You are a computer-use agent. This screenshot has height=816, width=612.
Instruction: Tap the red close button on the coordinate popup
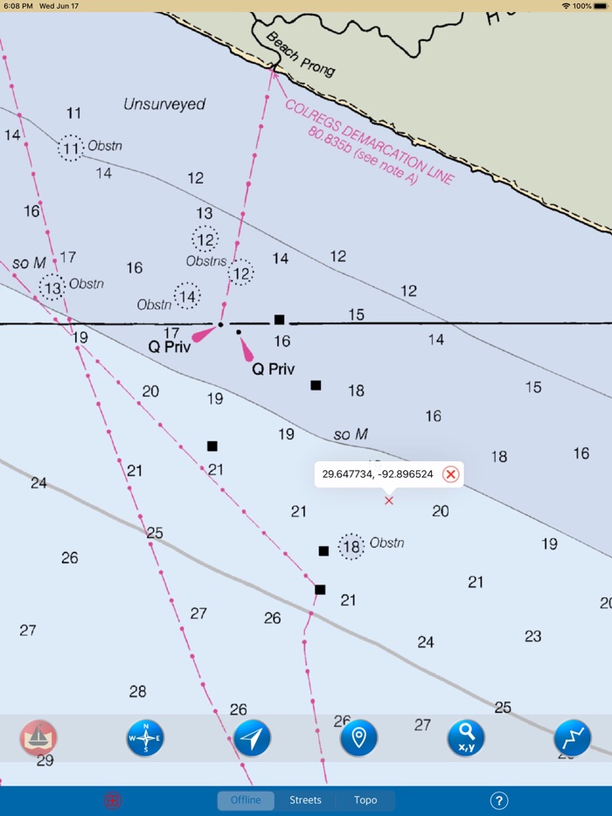pyautogui.click(x=450, y=474)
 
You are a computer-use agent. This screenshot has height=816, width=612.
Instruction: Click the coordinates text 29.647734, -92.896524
pyautogui.click(x=378, y=474)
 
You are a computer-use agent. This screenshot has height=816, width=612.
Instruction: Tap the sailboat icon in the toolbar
pyautogui.click(x=38, y=738)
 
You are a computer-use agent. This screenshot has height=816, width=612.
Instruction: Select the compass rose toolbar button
pyautogui.click(x=145, y=738)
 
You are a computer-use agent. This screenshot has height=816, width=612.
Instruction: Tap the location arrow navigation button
pyautogui.click(x=252, y=738)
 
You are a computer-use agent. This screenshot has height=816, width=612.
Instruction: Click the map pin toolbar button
pyautogui.click(x=358, y=738)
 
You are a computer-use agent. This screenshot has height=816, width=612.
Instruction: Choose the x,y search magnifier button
pyautogui.click(x=466, y=738)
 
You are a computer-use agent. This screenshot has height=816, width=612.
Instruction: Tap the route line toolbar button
pyautogui.click(x=573, y=738)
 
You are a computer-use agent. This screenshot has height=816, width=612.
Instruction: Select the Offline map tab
pyautogui.click(x=246, y=800)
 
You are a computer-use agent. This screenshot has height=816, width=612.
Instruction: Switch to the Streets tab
pyautogui.click(x=305, y=800)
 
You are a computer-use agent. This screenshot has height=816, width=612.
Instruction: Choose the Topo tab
pyautogui.click(x=365, y=800)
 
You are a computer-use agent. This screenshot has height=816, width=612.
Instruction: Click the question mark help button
pyautogui.click(x=499, y=800)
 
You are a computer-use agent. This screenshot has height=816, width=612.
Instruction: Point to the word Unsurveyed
pyautogui.click(x=164, y=104)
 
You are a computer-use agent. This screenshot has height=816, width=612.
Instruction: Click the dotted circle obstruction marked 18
pyautogui.click(x=351, y=547)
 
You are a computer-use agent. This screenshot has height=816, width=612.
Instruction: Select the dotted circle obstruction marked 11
pyautogui.click(x=71, y=149)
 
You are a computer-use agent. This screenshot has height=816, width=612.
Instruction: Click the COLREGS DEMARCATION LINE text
pyautogui.click(x=368, y=140)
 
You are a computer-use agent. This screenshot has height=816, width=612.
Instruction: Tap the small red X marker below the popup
pyautogui.click(x=389, y=501)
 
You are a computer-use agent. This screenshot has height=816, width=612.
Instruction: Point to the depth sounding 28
pyautogui.click(x=137, y=692)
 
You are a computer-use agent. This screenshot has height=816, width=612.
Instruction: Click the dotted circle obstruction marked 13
pyautogui.click(x=52, y=287)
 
